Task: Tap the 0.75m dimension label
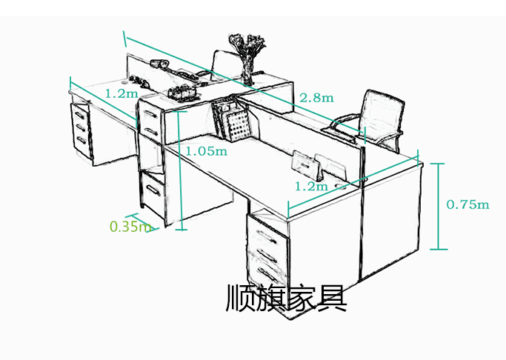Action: [467, 204]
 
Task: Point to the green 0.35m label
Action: [130, 227]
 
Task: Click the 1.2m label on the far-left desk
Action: [121, 94]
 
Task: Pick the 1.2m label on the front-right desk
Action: [310, 186]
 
